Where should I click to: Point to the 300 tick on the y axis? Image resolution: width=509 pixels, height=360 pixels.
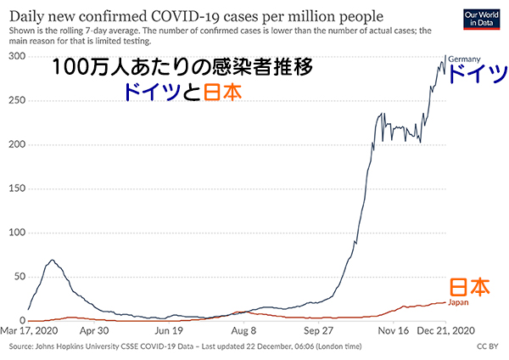(17, 56)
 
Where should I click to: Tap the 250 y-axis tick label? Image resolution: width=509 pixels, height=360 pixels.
(17, 100)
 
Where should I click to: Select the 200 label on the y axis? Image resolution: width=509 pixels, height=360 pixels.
(17, 144)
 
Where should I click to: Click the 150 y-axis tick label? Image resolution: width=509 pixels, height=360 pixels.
(17, 188)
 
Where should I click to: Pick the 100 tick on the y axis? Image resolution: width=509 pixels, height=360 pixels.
(17, 233)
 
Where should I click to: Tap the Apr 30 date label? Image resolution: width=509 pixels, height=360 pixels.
(94, 330)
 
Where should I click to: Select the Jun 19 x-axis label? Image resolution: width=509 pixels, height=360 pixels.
(169, 330)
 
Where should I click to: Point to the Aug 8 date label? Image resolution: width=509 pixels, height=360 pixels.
(243, 330)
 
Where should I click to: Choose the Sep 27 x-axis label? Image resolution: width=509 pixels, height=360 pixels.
(317, 330)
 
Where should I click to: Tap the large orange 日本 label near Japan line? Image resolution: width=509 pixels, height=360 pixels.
(469, 287)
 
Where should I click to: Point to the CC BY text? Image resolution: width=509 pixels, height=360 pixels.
(487, 346)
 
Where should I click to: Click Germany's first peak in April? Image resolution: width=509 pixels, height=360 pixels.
(53, 260)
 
